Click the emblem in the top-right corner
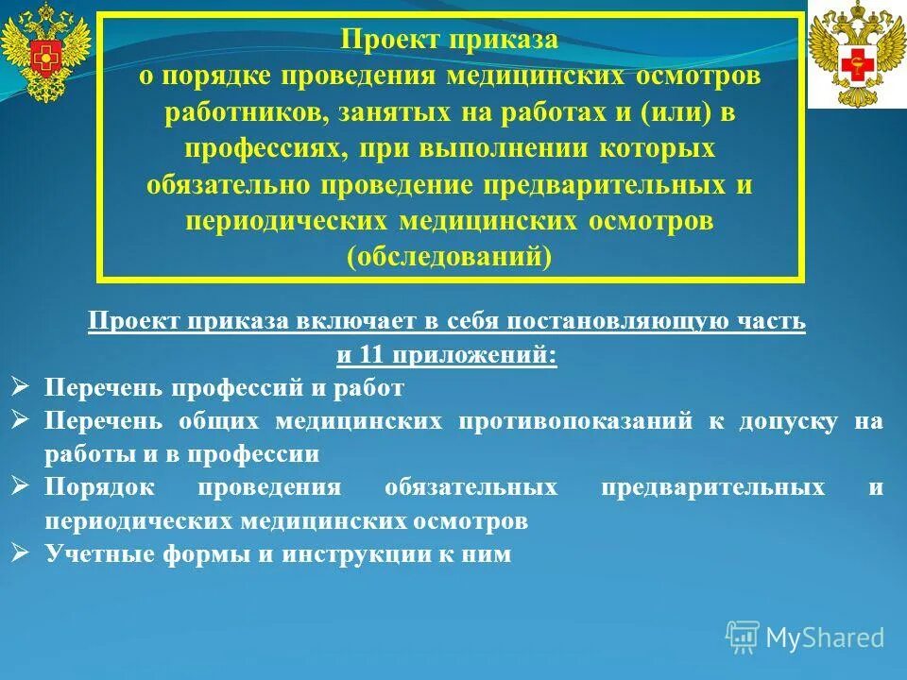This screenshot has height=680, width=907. click(857, 54)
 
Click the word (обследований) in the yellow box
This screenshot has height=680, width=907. click(449, 257)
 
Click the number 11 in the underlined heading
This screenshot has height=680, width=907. click(364, 356)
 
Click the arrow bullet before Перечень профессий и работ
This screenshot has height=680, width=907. click(22, 385)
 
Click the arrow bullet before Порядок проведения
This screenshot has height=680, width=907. click(22, 485)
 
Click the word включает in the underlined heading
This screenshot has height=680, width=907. click(355, 322)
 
